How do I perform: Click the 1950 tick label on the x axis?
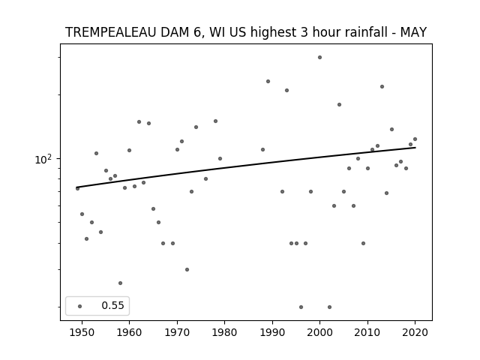82,332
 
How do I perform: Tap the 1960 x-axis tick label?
129,332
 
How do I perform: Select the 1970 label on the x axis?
177,332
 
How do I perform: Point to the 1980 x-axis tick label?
224,332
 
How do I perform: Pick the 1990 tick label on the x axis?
272,332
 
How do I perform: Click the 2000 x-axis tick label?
319,332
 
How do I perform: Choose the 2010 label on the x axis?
367,332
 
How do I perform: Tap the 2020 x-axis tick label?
415,332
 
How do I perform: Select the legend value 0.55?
112,305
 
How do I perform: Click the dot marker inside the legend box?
79,306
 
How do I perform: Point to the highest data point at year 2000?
319,57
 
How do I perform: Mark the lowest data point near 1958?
120,283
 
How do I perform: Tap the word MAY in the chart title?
413,32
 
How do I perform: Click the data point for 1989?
268,82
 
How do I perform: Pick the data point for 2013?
382,87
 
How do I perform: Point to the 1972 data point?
187,270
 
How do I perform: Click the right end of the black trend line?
415,148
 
